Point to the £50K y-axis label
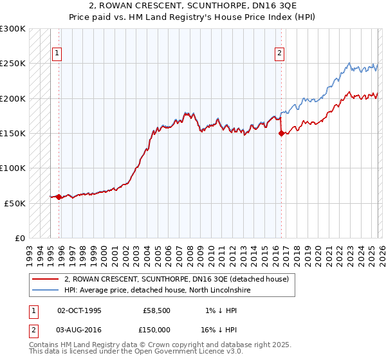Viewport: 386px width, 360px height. click(x=15, y=203)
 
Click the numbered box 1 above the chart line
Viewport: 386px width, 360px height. click(x=57, y=54)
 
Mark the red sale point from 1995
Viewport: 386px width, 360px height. click(x=59, y=197)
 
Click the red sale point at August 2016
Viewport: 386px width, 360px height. click(x=281, y=134)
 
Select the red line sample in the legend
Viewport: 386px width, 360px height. click(x=46, y=279)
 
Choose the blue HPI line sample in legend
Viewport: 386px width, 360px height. click(x=46, y=290)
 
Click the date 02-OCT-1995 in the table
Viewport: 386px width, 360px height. click(x=80, y=310)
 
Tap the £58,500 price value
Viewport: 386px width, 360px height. click(x=157, y=310)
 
